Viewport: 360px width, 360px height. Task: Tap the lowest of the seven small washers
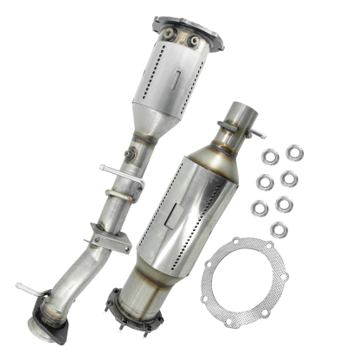[x=279, y=228]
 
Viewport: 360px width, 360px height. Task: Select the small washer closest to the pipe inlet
[x=270, y=157]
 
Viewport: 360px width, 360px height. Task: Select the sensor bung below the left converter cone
[x=131, y=153]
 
